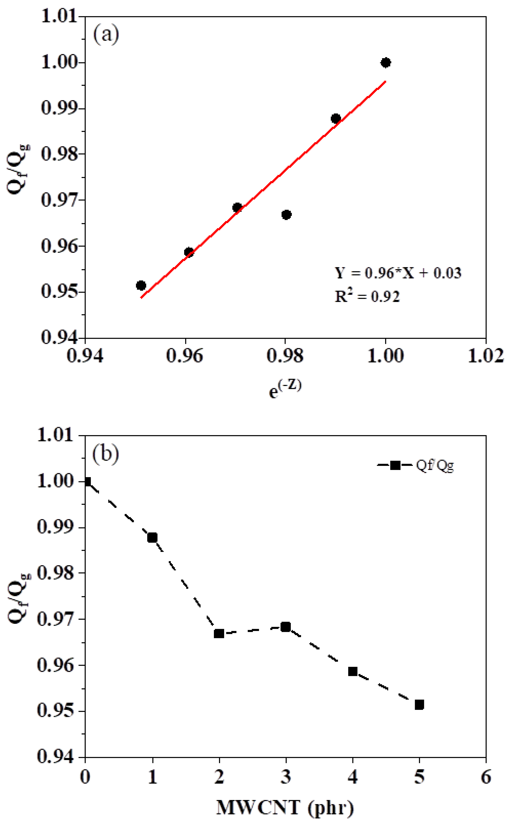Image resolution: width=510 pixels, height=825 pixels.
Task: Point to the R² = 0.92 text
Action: [x=367, y=296]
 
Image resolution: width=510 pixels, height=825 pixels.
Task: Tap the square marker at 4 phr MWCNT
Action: [x=353, y=671]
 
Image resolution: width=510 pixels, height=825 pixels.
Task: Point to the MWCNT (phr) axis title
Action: [x=285, y=807]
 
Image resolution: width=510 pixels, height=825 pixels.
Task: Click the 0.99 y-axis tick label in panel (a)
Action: [x=58, y=108]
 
